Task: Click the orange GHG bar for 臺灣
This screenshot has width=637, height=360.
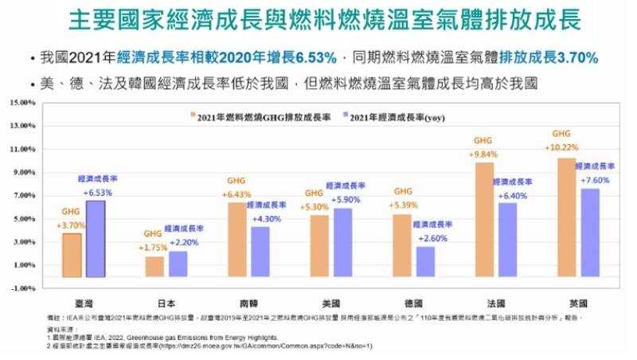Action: pyautogui.click(x=72, y=255)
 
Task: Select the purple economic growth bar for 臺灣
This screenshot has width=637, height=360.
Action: pyautogui.click(x=95, y=239)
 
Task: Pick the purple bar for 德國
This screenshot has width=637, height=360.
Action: pyautogui.click(x=425, y=261)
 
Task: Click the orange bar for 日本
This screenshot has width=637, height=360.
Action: pyautogui.click(x=154, y=266)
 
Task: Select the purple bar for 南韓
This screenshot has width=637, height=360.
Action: pyautogui.click(x=260, y=252)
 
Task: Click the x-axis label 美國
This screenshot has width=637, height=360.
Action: pyautogui.click(x=330, y=303)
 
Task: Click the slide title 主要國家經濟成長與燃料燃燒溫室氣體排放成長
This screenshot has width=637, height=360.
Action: pyautogui.click(x=318, y=19)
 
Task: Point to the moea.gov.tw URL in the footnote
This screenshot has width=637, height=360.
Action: pyautogui.click(x=263, y=346)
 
